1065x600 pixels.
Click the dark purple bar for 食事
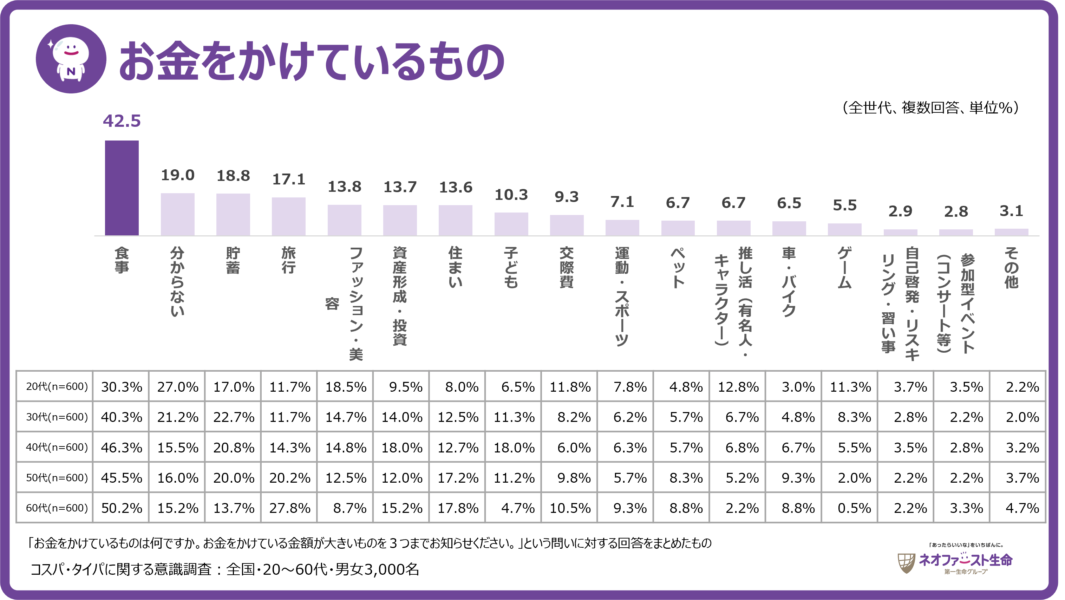click(x=122, y=188)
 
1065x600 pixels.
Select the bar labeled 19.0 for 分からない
click(x=177, y=214)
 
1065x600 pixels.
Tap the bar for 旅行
click(x=289, y=216)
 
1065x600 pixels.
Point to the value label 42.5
click(x=122, y=121)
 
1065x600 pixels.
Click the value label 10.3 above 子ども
click(x=511, y=195)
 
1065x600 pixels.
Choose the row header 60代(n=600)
click(x=57, y=508)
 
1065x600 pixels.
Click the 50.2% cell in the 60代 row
click(x=122, y=508)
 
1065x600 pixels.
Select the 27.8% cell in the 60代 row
click(x=289, y=508)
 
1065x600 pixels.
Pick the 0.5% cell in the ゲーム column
click(x=854, y=508)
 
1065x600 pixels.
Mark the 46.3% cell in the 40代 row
click(x=122, y=448)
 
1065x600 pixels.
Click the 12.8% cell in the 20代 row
click(x=738, y=387)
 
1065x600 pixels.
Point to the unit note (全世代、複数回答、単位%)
click(x=930, y=108)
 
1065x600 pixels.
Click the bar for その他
click(x=1011, y=232)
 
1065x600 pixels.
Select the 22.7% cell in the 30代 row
click(x=234, y=417)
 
